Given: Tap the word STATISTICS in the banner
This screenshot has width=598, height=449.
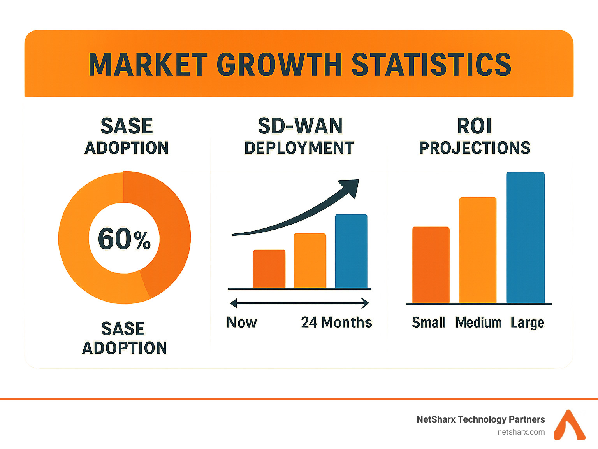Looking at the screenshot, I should [431, 65].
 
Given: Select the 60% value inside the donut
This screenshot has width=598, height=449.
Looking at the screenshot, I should [124, 239].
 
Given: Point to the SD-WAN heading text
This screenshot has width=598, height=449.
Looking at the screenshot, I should [300, 126].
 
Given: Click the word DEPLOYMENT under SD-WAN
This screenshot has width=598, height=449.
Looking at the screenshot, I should [299, 148].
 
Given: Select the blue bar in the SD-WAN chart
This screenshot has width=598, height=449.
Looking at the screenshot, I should [351, 251].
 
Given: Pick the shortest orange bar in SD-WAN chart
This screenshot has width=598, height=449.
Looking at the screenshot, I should [269, 268].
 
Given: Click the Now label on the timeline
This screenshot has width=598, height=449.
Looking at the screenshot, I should [242, 323].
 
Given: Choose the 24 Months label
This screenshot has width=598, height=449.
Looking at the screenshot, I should [336, 323].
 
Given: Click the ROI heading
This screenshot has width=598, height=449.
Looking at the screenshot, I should [474, 126].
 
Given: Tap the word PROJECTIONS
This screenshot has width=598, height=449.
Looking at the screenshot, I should [474, 148].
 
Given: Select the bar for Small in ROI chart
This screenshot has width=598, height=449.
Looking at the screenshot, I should [431, 265].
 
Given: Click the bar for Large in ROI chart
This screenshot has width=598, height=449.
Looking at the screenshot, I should [525, 237].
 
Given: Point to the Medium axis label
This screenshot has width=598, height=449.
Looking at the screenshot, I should [478, 323].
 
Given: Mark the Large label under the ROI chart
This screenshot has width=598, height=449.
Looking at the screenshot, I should [527, 323].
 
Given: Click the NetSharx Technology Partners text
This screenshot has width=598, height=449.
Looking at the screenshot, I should [480, 419].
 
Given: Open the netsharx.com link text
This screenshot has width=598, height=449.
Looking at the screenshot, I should [521, 432].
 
